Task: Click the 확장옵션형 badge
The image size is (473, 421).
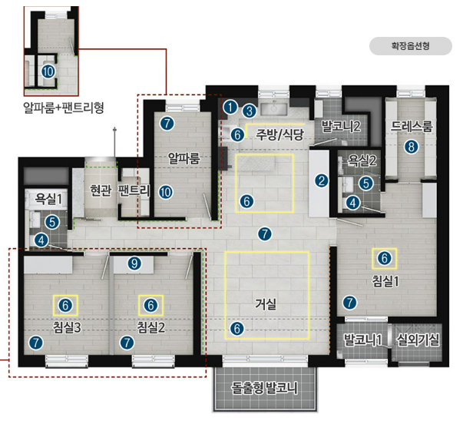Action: [x=411, y=46]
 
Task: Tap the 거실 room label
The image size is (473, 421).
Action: [x=266, y=303]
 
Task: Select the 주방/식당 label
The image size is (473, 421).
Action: [x=279, y=134]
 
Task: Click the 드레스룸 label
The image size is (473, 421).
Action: [x=412, y=126]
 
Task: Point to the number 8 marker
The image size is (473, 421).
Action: [x=411, y=147]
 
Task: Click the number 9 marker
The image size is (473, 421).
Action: [x=134, y=264]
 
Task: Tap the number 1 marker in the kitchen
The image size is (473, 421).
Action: [x=231, y=107]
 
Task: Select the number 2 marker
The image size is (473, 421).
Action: [x=322, y=181]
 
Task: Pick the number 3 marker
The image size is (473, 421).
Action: [x=249, y=111]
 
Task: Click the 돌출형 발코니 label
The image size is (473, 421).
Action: [x=265, y=388]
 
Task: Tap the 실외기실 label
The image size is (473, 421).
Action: [x=418, y=340]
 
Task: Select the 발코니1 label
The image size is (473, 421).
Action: [x=363, y=340]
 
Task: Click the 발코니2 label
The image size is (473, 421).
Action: [x=341, y=126]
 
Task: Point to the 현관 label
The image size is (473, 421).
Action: [x=101, y=190]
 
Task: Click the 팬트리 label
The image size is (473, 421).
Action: [x=134, y=191]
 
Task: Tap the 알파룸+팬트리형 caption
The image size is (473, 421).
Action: [x=64, y=108]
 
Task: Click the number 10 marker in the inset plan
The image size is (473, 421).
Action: [x=48, y=71]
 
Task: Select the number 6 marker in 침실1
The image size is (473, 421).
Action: [x=384, y=258]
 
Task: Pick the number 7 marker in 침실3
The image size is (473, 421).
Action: [x=36, y=343]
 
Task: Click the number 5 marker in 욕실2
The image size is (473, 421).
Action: [x=366, y=183]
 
